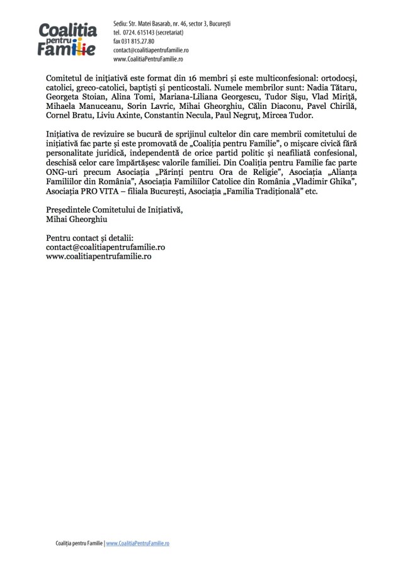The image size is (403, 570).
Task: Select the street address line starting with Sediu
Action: [172, 23]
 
